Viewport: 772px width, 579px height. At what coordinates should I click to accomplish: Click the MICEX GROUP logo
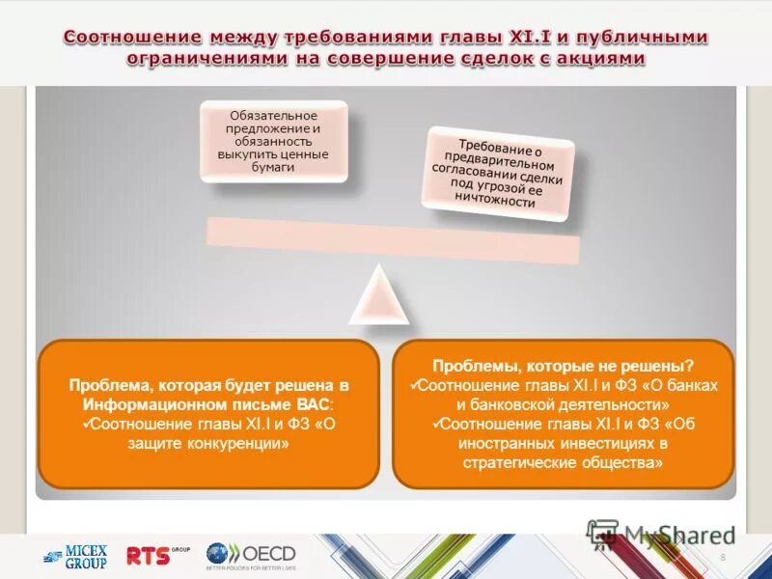74,557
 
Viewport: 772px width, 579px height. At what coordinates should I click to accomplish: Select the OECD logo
250,555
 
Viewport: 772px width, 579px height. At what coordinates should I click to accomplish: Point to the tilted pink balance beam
393,239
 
